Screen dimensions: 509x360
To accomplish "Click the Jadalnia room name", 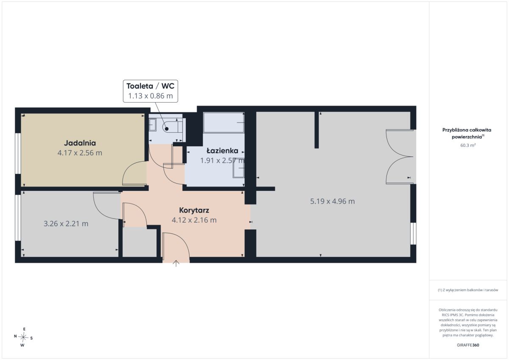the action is coord(80,143).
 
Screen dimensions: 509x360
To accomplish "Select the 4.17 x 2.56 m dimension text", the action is coord(80,153).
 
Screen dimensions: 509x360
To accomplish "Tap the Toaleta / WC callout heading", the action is coord(151,86).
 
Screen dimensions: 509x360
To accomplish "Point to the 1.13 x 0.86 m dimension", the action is coord(151,96).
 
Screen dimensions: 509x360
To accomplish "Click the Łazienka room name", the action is coord(222,151).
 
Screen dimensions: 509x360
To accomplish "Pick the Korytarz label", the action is coord(194,210).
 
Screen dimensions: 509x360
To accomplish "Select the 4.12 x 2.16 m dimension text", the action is coord(194,220).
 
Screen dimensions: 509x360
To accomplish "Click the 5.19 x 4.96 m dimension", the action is coord(333,201).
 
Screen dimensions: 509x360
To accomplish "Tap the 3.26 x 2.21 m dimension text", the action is coord(66,224).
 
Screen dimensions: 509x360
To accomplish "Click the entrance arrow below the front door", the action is coord(176,263).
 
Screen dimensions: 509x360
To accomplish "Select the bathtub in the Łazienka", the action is coord(224,123).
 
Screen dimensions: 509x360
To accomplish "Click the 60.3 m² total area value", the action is coord(468,145).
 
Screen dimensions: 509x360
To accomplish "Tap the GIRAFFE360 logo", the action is coord(468,345).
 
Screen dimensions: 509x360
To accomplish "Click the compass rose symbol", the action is coord(23,337).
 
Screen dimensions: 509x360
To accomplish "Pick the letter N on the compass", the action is coord(15,336).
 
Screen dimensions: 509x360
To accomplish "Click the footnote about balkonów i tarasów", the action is coord(468,290).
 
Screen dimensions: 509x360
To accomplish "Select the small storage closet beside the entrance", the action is coord(140,243).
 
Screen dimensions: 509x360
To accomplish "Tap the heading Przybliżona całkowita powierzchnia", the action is coord(467,133).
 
